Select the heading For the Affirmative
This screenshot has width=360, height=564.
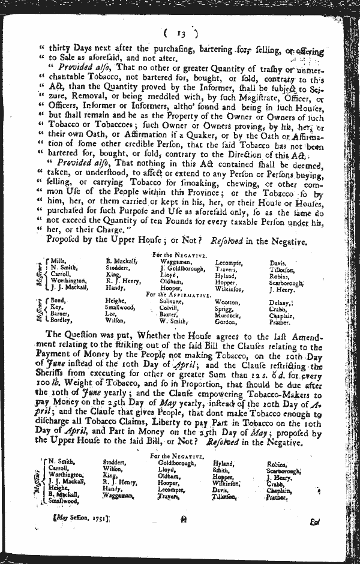point(178,295)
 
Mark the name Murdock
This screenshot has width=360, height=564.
point(227,315)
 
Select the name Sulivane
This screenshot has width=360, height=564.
point(173,302)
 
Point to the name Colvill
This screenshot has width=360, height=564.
point(170,308)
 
